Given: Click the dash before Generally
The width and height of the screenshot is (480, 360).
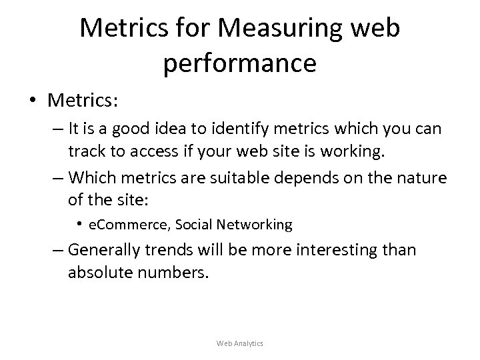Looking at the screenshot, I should coord(58,251).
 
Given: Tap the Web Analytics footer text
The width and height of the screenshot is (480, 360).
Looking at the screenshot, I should coord(240,343).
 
